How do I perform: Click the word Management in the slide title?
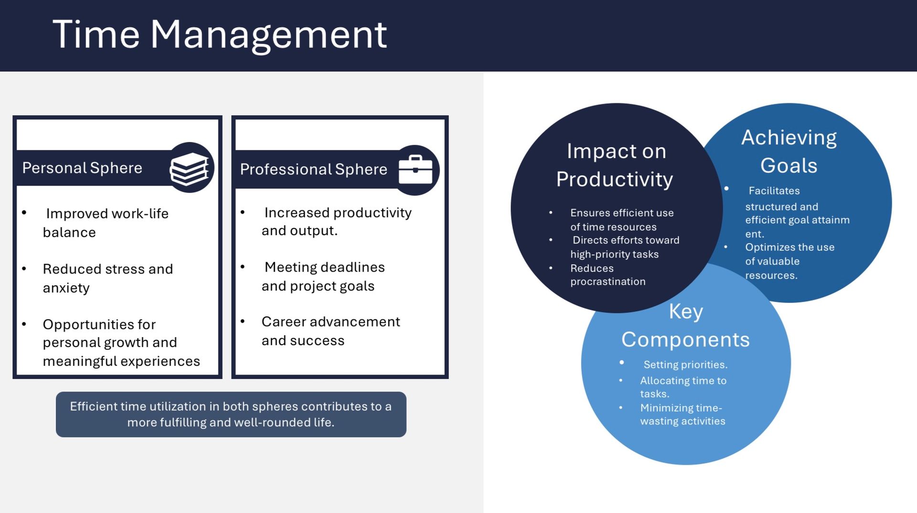click(268, 35)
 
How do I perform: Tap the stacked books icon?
click(190, 168)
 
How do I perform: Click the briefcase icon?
click(415, 170)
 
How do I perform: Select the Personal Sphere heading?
click(82, 168)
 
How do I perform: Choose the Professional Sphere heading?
click(313, 169)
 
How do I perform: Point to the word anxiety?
click(66, 288)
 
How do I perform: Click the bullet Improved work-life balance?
click(106, 222)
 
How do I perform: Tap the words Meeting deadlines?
click(324, 267)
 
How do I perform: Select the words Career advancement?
click(331, 322)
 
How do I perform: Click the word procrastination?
click(608, 282)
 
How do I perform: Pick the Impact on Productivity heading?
click(615, 165)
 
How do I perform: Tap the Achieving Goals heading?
click(789, 151)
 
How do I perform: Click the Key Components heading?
click(685, 325)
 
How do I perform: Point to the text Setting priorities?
click(685, 365)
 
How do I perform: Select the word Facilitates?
click(774, 191)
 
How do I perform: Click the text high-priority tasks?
click(614, 254)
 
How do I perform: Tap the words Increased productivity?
click(338, 213)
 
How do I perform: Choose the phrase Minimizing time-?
click(681, 408)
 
